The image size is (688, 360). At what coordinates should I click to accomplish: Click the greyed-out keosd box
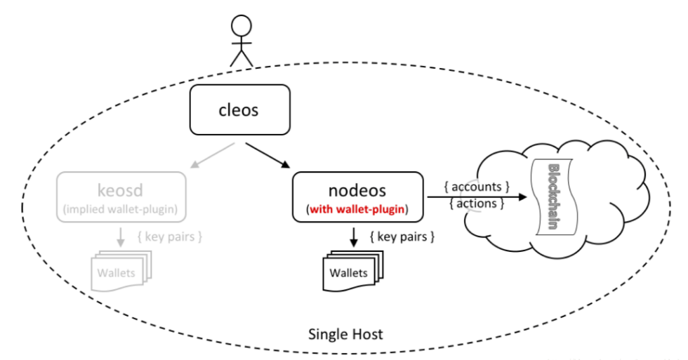(x=120, y=195)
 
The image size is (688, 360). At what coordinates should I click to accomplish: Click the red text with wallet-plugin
(x=357, y=208)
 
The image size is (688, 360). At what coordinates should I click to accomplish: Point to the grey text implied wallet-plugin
(x=120, y=208)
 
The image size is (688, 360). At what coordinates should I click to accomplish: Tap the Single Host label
(x=345, y=333)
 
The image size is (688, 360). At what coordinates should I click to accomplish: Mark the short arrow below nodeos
(x=353, y=237)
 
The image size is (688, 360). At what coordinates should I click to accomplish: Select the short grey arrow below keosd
(x=121, y=237)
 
